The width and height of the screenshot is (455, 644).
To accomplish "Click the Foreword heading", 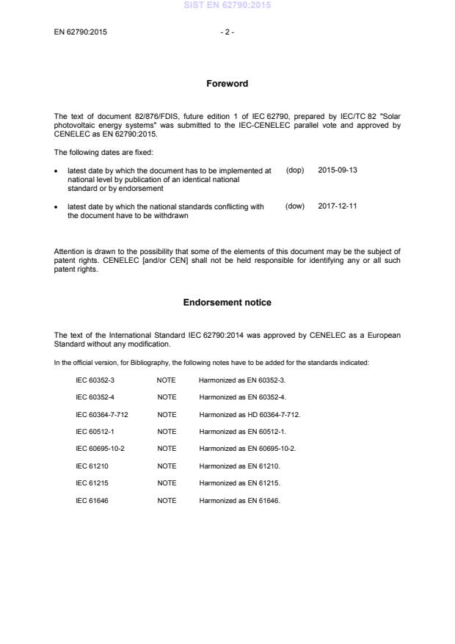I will click(x=227, y=84).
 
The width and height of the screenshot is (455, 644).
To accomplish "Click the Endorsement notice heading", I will click(x=227, y=303).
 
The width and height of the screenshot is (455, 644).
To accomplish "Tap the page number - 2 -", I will click(x=227, y=32).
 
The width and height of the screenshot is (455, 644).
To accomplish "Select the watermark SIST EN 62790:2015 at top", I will click(x=227, y=5).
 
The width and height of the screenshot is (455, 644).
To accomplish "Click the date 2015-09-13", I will click(x=338, y=170).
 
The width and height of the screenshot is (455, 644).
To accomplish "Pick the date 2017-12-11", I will click(x=338, y=206).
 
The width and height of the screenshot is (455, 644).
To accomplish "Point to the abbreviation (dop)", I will click(x=294, y=170).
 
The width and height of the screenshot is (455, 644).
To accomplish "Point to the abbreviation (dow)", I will click(x=294, y=206).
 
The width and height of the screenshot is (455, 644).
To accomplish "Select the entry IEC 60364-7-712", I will click(x=102, y=414).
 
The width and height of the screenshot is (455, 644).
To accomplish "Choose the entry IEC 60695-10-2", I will click(x=101, y=448).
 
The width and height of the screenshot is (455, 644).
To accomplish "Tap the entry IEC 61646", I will click(x=92, y=500).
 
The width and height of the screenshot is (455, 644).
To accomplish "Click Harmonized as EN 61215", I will click(x=240, y=483).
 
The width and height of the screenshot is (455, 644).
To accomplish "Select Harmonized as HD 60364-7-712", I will click(x=250, y=414).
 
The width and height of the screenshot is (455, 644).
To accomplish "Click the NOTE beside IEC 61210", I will click(x=167, y=466).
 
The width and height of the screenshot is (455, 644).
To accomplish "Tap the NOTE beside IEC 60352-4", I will click(x=167, y=397).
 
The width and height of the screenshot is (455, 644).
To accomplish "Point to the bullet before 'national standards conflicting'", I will click(x=57, y=207).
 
